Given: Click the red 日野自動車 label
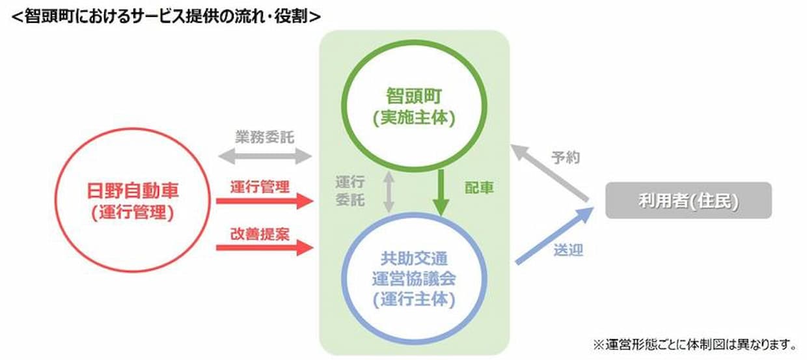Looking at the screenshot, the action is click(133, 191).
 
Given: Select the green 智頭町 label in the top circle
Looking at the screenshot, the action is click(414, 96).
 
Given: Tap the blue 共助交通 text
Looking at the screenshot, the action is click(414, 258).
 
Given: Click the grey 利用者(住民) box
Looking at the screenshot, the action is click(688, 201).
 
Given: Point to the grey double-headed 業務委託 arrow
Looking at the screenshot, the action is click(265, 156).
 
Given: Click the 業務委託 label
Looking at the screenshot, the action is click(265, 137).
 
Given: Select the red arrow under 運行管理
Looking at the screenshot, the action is click(265, 201).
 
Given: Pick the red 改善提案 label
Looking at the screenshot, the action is click(260, 234).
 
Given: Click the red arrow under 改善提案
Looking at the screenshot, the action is click(265, 247).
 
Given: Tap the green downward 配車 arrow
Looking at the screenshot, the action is click(441, 193).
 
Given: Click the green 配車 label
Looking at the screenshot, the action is click(479, 187).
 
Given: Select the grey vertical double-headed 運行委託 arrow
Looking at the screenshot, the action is click(389, 192).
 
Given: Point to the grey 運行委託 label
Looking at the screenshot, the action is click(350, 191).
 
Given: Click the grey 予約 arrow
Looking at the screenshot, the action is click(550, 173).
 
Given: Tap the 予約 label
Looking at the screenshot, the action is click(566, 158).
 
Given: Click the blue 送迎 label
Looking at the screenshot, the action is click(568, 250).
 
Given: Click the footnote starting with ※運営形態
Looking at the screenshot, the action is click(694, 345).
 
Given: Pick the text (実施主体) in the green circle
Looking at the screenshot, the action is click(414, 118).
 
